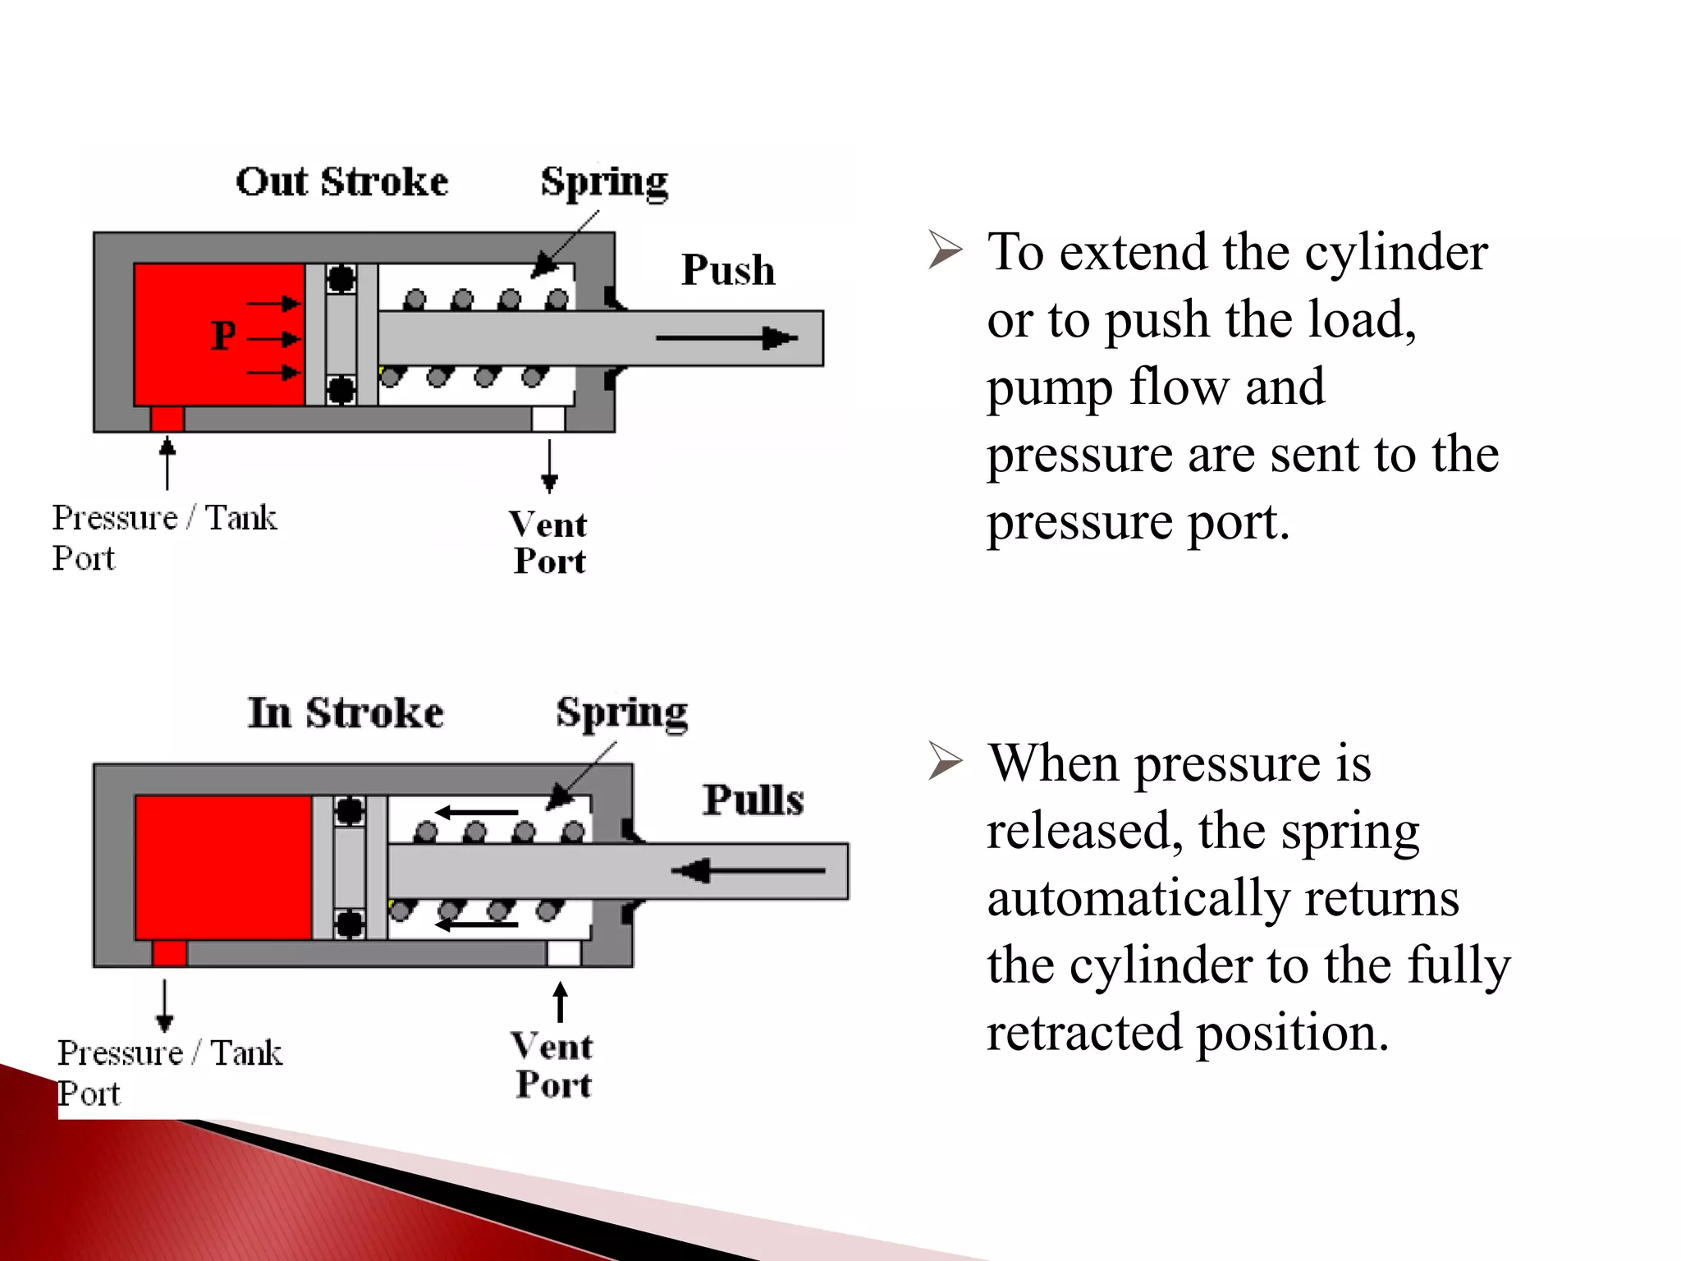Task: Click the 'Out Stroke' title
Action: point(342,181)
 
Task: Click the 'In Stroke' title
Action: point(346,713)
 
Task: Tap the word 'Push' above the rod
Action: point(728,270)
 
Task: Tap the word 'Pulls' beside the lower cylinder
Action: point(753,800)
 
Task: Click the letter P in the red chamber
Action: point(222,335)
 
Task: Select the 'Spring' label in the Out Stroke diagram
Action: point(604,182)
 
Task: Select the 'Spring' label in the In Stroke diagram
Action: point(621,713)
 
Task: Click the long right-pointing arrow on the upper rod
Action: point(726,337)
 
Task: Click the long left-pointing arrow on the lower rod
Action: point(748,870)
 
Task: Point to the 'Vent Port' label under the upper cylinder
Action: point(548,543)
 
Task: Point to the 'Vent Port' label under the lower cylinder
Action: point(552,1065)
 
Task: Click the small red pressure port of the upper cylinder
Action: point(167,419)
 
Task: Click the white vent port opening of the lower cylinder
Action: point(564,953)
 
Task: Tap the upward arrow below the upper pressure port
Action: point(167,463)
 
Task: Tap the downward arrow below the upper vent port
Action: point(549,465)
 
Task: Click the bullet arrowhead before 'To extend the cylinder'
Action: point(945,250)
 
